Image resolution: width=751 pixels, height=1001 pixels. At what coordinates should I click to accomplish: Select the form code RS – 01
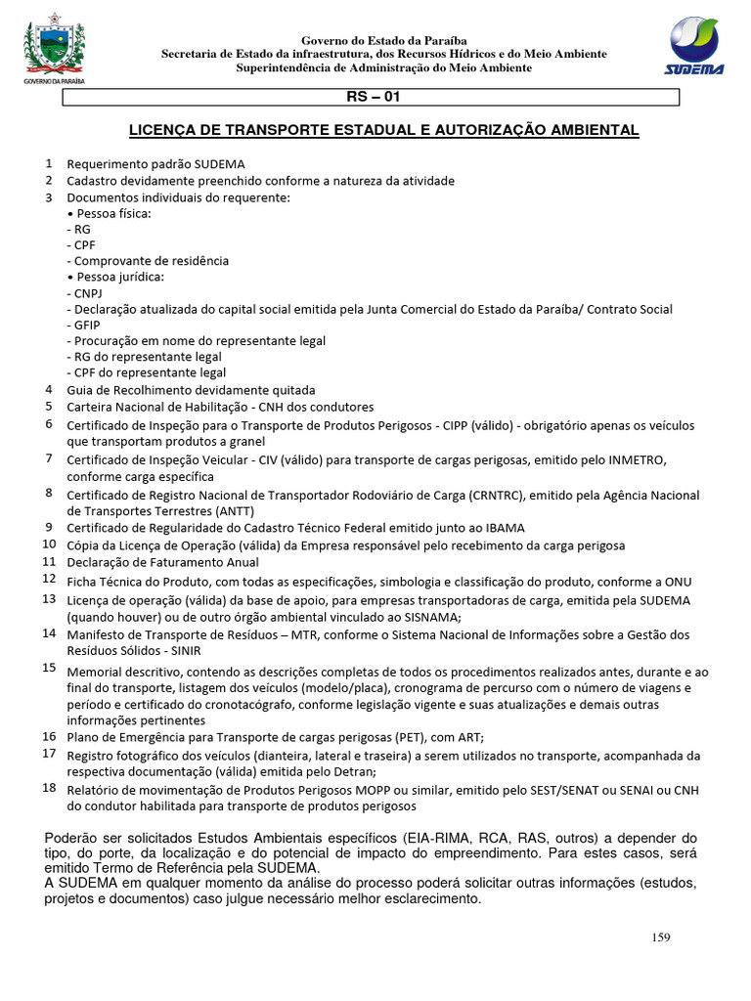point(373,98)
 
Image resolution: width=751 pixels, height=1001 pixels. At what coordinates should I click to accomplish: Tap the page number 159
point(661,937)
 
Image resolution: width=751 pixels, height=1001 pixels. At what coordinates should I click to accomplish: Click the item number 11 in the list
point(49,562)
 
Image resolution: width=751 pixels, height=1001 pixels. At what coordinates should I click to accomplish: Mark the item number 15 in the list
point(49,668)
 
